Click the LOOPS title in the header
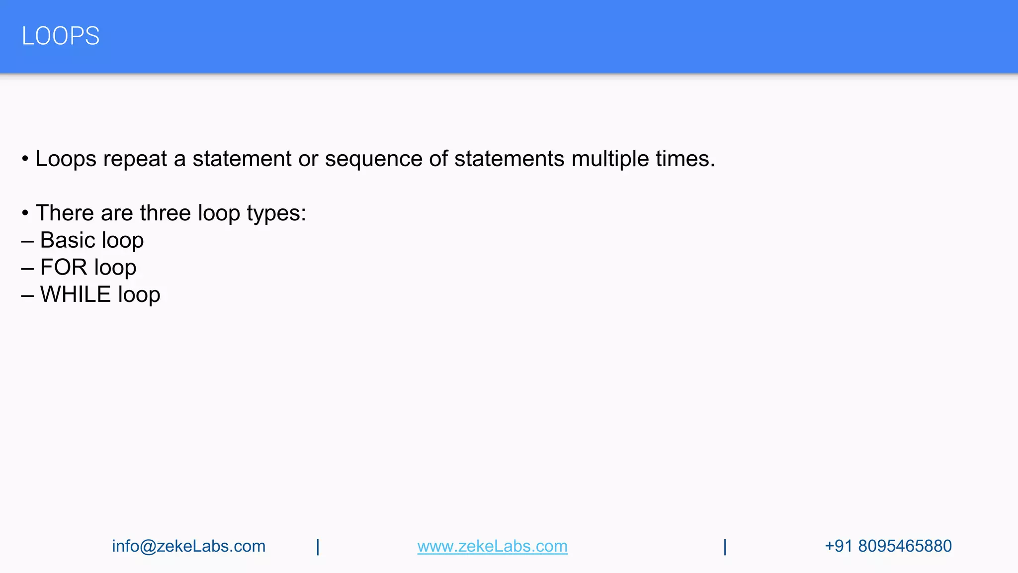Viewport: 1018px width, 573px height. click(61, 36)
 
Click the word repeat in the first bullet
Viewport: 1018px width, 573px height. click(135, 159)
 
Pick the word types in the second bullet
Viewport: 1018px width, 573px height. click(276, 213)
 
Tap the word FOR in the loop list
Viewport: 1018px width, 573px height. click(64, 268)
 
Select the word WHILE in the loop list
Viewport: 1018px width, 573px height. click(76, 294)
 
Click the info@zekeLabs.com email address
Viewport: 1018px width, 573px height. click(189, 546)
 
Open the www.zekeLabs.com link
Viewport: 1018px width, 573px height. click(492, 546)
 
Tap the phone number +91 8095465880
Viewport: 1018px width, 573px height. click(888, 546)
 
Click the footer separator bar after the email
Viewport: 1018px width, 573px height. click(318, 547)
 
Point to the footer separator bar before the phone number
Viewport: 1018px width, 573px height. click(725, 547)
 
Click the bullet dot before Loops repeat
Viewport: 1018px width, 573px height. click(25, 160)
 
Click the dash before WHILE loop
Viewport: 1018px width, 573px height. click(27, 295)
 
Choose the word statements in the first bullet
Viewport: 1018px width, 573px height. click(509, 159)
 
